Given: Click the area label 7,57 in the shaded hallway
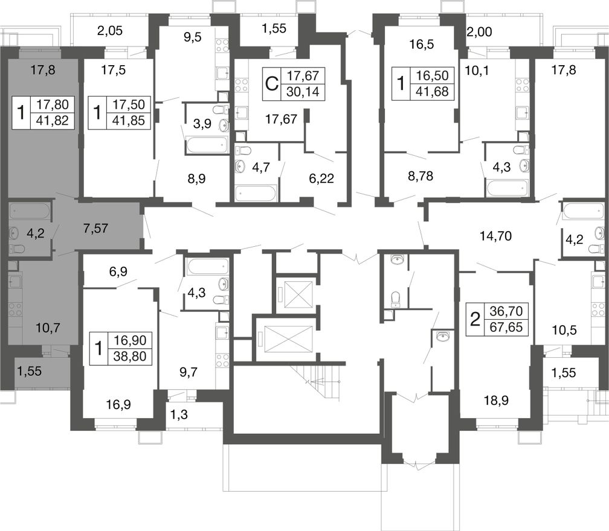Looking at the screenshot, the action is pyautogui.click(x=95, y=228).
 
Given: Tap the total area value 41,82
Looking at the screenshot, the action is pyautogui.click(x=52, y=121).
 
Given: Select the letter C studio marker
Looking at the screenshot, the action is pyautogui.click(x=271, y=84).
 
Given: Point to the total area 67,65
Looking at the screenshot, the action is pyautogui.click(x=506, y=327).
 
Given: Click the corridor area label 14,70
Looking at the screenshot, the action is pyautogui.click(x=495, y=236).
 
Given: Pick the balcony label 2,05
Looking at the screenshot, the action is pyautogui.click(x=110, y=31).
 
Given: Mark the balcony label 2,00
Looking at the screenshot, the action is pyautogui.click(x=479, y=32).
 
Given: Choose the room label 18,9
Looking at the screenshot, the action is pyautogui.click(x=497, y=400).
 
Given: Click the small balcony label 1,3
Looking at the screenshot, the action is pyautogui.click(x=179, y=415).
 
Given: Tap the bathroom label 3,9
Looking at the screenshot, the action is pyautogui.click(x=202, y=124).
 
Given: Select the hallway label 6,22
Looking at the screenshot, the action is pyautogui.click(x=321, y=179).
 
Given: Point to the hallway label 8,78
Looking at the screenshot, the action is pyautogui.click(x=420, y=176).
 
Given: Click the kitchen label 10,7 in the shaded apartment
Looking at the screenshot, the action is pyautogui.click(x=48, y=328).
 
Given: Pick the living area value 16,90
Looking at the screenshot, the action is pyautogui.click(x=130, y=340).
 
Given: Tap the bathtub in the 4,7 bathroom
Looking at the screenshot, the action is pyautogui.click(x=256, y=192).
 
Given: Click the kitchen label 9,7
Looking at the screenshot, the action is pyautogui.click(x=188, y=373).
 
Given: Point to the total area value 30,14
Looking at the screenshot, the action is pyautogui.click(x=303, y=92).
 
